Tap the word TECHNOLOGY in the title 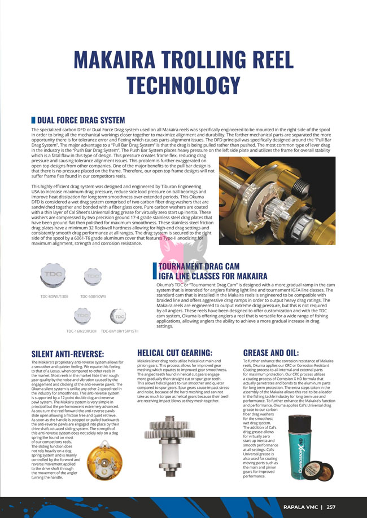pos(183,85)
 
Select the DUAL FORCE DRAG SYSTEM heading pos(81,120)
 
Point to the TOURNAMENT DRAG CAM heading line pos(199,266)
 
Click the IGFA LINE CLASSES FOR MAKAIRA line pos(213,276)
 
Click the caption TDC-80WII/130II pos(54,296)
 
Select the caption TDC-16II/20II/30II pos(81,331)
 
